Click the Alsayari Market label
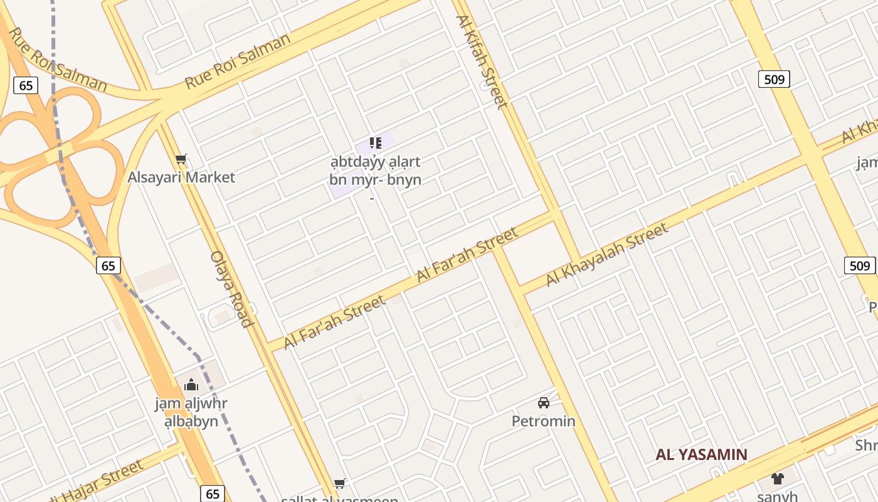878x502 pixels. pyautogui.click(x=181, y=177)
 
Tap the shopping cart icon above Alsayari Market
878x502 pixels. pyautogui.click(x=181, y=159)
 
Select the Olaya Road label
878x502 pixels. pyautogui.click(x=231, y=289)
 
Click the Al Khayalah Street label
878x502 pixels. pyautogui.click(x=606, y=255)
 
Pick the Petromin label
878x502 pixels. pyautogui.click(x=544, y=420)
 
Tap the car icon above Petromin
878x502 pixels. pyautogui.click(x=544, y=402)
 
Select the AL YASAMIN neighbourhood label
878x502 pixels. pyautogui.click(x=701, y=454)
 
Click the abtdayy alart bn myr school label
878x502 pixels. pyautogui.click(x=375, y=171)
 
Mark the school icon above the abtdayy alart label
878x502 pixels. pyautogui.click(x=375, y=143)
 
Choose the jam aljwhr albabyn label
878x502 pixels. pyautogui.click(x=191, y=412)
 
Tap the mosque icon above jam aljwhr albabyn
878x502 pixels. pyautogui.click(x=191, y=384)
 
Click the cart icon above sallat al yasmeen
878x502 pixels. pyautogui.click(x=340, y=483)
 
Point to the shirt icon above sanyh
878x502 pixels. pyautogui.click(x=778, y=478)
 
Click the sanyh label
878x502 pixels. pyautogui.click(x=777, y=496)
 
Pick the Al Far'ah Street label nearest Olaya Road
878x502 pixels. pyautogui.click(x=334, y=323)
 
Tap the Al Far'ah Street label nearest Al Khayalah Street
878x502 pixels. pyautogui.click(x=468, y=254)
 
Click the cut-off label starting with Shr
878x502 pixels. pyautogui.click(x=867, y=445)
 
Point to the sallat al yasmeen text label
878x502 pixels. pyautogui.click(x=340, y=499)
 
